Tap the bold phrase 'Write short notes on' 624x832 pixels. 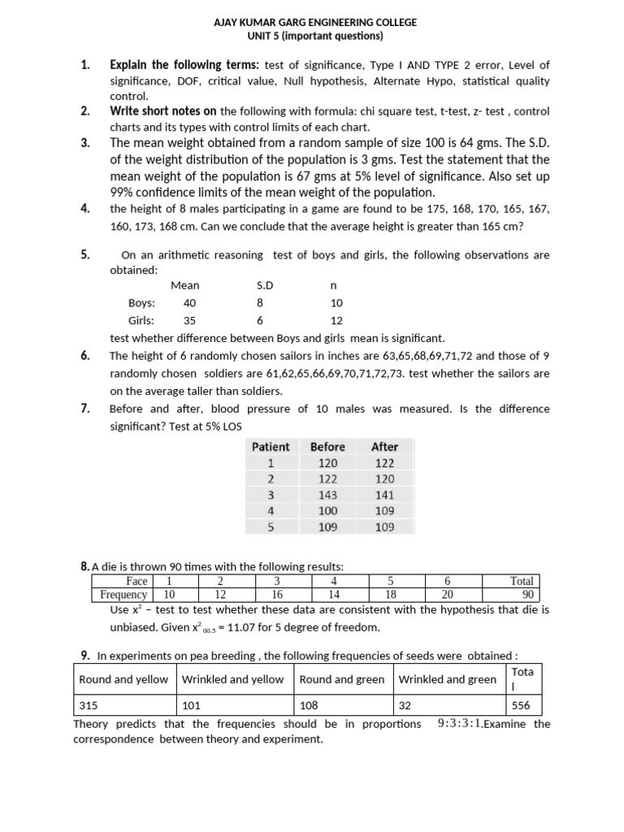(x=163, y=111)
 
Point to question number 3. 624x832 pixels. (x=85, y=143)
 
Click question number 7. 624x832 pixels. (x=85, y=409)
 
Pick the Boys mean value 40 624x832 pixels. (x=190, y=302)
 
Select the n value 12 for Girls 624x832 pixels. (x=325, y=320)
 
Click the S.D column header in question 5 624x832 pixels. (x=265, y=285)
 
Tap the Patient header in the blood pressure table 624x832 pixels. (x=271, y=447)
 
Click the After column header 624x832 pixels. (x=384, y=447)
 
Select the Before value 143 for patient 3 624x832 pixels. (x=327, y=495)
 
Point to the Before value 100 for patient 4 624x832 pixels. (x=327, y=511)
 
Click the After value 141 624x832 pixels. (x=384, y=495)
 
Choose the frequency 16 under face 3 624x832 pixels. (x=276, y=594)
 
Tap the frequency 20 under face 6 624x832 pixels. (x=448, y=594)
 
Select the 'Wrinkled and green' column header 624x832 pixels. (x=447, y=679)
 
